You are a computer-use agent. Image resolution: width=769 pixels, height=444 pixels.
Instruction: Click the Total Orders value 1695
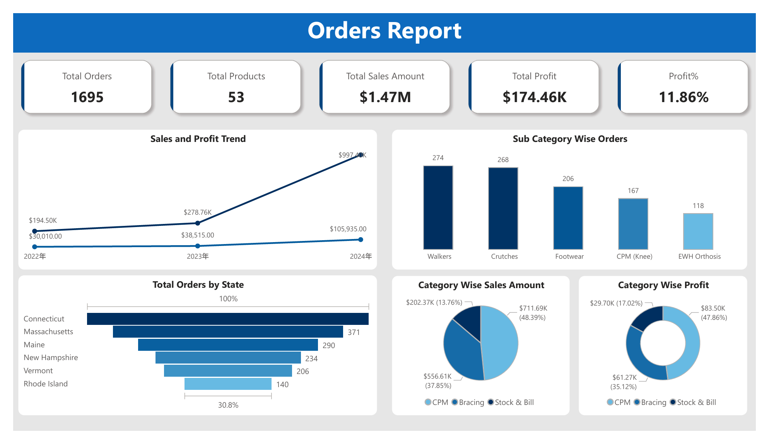click(x=87, y=97)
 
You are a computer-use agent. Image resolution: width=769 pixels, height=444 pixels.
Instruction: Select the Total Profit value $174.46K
click(x=534, y=97)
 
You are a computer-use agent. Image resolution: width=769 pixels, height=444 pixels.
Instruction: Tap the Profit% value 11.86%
click(x=683, y=97)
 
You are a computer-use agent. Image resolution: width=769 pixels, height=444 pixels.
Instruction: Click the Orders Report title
click(x=384, y=31)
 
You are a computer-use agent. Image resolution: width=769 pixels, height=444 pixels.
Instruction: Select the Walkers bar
click(x=438, y=208)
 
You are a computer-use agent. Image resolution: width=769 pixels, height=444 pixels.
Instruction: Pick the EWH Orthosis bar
click(x=698, y=231)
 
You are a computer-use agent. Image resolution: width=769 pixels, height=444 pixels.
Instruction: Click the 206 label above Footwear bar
click(x=568, y=179)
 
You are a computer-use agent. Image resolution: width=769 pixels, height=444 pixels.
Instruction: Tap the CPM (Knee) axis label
click(x=634, y=256)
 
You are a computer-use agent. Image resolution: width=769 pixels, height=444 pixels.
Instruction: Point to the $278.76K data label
click(x=197, y=212)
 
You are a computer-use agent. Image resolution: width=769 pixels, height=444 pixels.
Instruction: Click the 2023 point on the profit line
click(x=198, y=246)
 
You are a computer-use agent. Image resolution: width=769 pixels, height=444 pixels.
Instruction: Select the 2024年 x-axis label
click(x=361, y=256)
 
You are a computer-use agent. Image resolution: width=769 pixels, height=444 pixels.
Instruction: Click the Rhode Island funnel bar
click(x=228, y=384)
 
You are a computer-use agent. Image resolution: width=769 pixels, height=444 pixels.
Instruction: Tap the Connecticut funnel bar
click(x=228, y=319)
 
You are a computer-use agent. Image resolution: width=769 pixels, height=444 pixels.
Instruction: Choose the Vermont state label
click(x=38, y=371)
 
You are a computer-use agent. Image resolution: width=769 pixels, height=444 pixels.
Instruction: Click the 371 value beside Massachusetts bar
click(x=354, y=332)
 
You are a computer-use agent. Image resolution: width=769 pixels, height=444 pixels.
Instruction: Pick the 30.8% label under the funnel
click(x=228, y=405)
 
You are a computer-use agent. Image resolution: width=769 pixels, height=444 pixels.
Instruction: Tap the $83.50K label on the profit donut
click(x=713, y=308)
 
